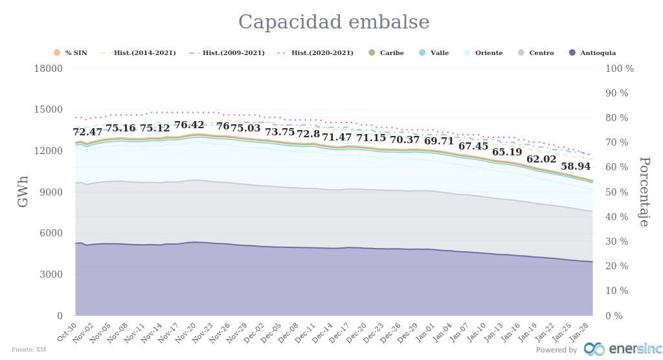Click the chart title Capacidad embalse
tap(333, 22)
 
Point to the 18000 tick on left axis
tap(49, 69)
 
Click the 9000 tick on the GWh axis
tap(51, 192)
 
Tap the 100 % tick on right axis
tap(620, 69)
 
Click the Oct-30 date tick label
tap(68, 331)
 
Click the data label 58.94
tap(576, 166)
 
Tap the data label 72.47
tap(87, 132)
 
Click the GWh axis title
tap(23, 191)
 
